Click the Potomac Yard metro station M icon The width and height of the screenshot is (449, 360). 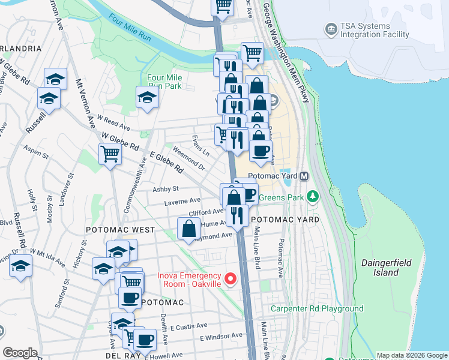304,176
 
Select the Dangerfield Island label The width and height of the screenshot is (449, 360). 380,268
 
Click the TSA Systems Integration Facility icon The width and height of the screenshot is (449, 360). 330,29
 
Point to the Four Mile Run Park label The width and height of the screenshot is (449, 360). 164,82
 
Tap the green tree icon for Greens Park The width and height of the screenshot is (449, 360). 312,196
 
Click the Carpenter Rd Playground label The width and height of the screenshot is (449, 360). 317,309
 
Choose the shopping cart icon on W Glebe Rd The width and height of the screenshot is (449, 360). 110,155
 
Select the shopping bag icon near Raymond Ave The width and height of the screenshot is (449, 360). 189,229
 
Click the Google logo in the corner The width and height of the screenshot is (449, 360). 20,353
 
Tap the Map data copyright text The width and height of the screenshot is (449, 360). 411,356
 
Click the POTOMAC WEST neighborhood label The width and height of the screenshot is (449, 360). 120,230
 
